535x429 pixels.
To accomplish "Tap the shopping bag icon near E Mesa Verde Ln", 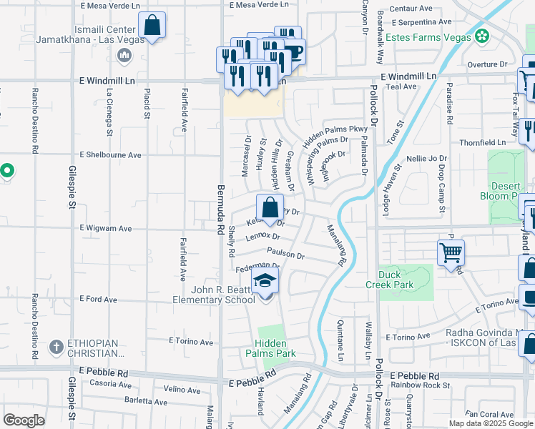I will point(152,26).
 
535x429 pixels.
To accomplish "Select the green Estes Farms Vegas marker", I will point(484,36).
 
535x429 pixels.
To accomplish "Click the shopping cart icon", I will point(451,252).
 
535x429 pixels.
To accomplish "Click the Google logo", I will point(24,420).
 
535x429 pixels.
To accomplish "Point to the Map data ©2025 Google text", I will point(490,423).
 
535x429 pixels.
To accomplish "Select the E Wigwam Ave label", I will point(106,228).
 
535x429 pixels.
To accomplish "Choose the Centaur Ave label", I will point(416,9).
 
